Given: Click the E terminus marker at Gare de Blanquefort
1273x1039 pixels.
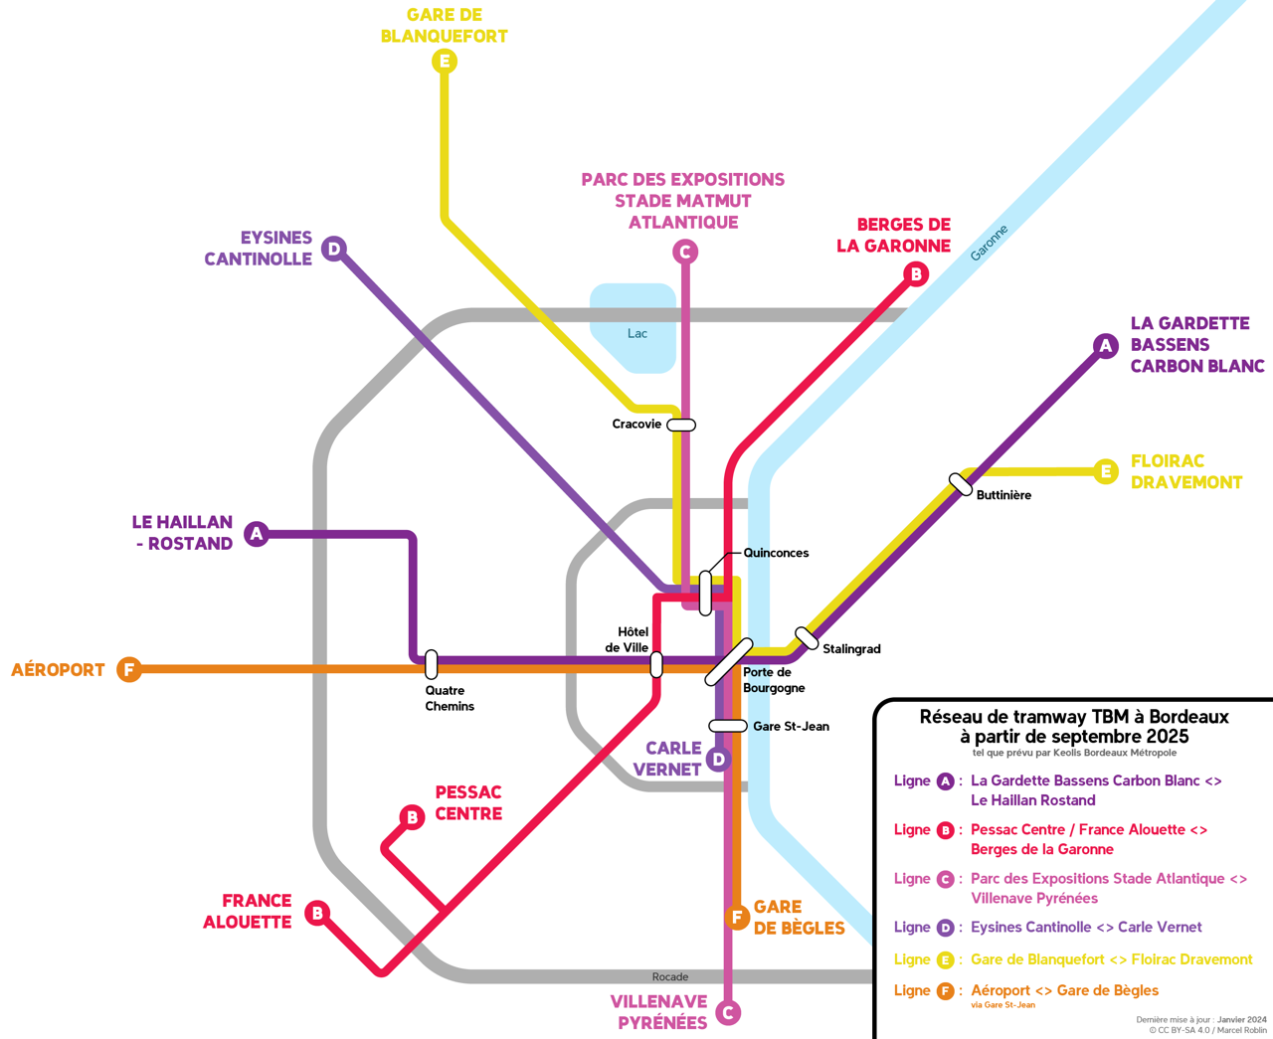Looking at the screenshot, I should click(445, 62).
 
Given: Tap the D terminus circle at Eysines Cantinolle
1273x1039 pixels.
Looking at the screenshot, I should click(334, 249).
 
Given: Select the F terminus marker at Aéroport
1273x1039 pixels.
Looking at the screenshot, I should click(128, 669).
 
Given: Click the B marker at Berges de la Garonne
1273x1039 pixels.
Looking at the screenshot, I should click(916, 274).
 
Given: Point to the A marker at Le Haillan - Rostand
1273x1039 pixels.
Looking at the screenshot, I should click(257, 534).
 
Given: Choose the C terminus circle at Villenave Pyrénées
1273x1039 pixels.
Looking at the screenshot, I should click(728, 1013).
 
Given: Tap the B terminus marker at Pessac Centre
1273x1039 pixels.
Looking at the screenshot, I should click(412, 817).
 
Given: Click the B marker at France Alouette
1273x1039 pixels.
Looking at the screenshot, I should click(317, 913).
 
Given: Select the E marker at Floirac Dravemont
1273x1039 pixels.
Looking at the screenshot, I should click(1105, 471).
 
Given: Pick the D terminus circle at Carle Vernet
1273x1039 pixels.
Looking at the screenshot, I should click(718, 760).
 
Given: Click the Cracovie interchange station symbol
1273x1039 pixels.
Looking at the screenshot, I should click(681, 425).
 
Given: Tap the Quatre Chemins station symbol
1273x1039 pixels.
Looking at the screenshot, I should click(432, 663).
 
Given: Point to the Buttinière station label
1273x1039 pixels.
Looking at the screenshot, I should click(1003, 495).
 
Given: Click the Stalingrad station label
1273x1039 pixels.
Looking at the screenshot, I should click(851, 649).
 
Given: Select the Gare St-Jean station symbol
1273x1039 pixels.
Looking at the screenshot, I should click(727, 726).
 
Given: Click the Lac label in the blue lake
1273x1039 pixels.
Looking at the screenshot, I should click(637, 334).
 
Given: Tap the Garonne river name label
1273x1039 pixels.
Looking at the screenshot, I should click(989, 244).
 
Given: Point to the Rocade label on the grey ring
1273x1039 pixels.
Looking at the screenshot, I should click(670, 976).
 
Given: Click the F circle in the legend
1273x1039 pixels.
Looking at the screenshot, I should click(945, 991).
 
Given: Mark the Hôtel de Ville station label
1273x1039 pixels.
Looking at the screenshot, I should click(627, 639).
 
